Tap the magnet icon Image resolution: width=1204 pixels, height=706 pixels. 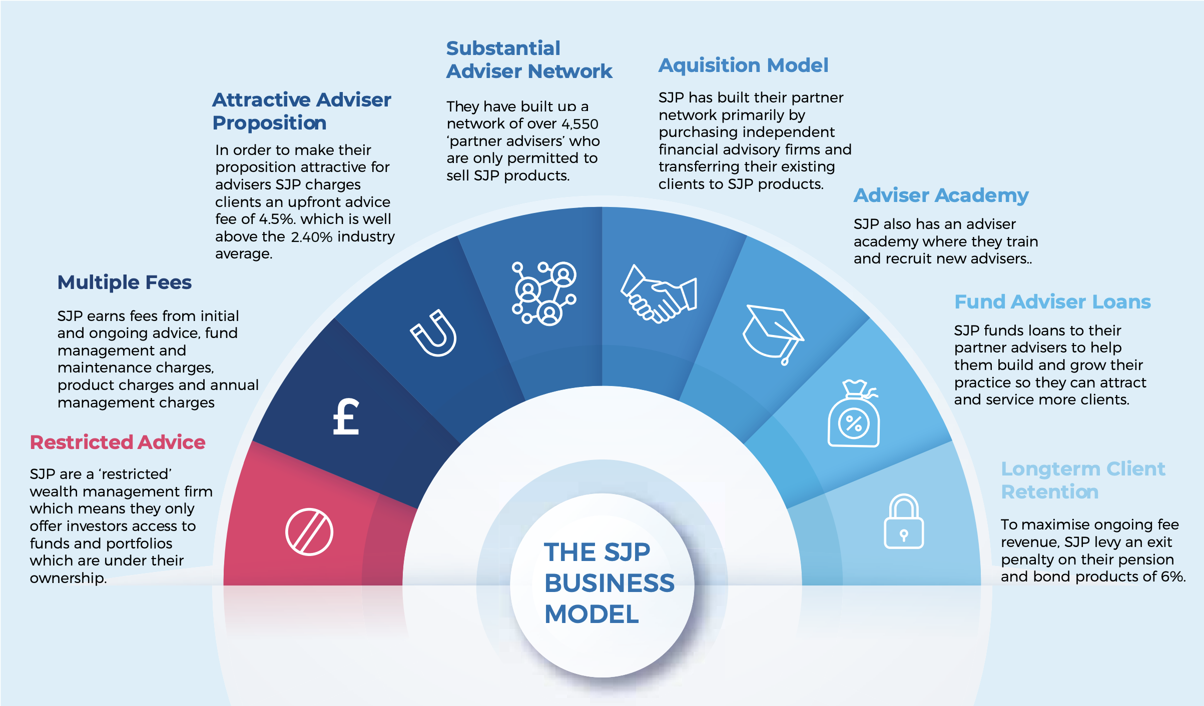[x=434, y=333]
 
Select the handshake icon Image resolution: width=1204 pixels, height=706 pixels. [x=659, y=293]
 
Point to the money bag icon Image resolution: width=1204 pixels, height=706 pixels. [x=854, y=415]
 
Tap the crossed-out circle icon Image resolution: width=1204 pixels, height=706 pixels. [x=309, y=532]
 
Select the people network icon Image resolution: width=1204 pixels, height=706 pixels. [x=544, y=293]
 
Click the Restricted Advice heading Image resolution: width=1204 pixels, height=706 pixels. [x=118, y=442]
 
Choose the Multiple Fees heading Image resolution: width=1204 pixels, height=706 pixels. [x=125, y=282]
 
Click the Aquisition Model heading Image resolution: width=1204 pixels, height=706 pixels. [x=743, y=65]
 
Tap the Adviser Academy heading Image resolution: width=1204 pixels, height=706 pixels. [x=941, y=195]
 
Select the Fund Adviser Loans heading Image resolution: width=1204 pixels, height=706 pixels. [x=1052, y=302]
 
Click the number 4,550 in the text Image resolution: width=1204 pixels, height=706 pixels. [x=580, y=124]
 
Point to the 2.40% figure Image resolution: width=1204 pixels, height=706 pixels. [x=312, y=237]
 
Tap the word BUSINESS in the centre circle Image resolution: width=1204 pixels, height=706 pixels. [x=609, y=583]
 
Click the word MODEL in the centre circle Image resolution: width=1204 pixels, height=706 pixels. [x=591, y=614]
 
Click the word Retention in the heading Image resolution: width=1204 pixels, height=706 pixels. [x=1049, y=492]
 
